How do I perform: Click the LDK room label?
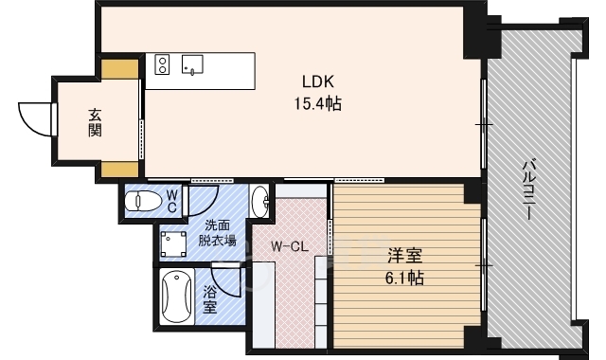point(318,81)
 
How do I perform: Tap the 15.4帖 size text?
point(318,103)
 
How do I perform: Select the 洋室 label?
point(404,256)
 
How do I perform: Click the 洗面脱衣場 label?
point(217,233)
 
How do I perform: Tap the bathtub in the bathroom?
point(177,297)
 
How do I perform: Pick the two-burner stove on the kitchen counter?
point(162,65)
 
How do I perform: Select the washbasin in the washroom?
point(260,200)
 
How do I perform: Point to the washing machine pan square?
point(173,245)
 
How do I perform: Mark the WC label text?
point(172,200)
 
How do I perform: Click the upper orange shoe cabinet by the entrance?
point(119,70)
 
